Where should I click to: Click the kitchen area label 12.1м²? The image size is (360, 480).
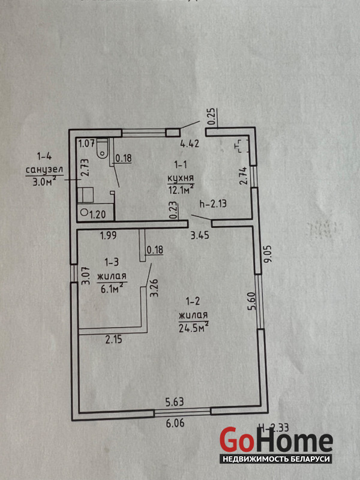[180, 190]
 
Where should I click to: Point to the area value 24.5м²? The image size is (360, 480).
[193, 327]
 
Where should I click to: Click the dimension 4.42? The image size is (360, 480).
[190, 144]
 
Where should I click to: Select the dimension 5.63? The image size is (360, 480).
[176, 404]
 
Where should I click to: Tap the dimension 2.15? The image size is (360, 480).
[114, 340]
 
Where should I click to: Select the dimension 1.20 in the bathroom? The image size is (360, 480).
[98, 213]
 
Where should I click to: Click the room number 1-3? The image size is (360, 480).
[113, 262]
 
